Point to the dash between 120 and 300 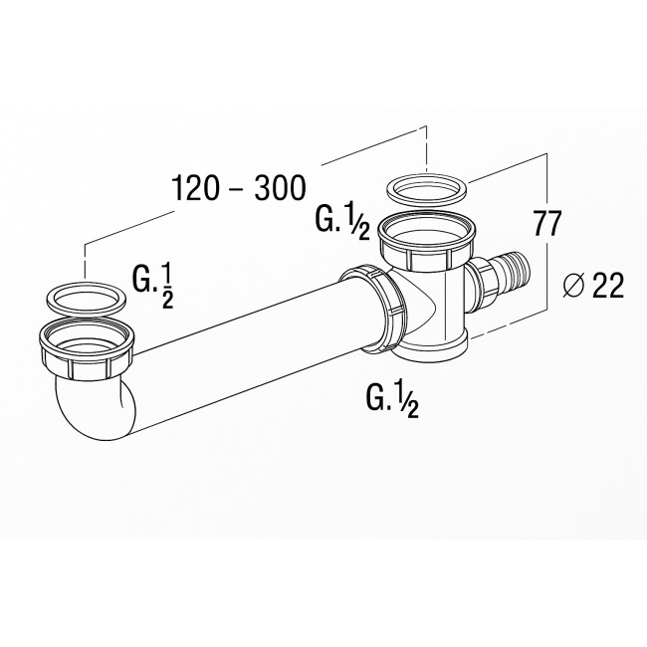(x=236, y=188)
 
